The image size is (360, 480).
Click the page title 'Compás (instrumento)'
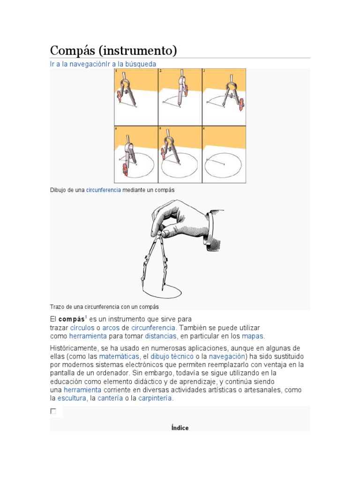pos(113,51)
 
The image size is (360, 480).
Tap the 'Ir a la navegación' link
pos(78,64)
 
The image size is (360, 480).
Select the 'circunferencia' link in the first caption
pos(104,190)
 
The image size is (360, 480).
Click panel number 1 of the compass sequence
pos(136,97)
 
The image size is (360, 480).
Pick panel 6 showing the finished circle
pos(224,154)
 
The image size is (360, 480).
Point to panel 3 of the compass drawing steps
pos(224,97)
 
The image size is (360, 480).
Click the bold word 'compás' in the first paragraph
pos(71,319)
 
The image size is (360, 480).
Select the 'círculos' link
pos(82,328)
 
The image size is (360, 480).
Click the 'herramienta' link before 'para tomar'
pos(88,336)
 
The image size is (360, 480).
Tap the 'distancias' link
pos(161,336)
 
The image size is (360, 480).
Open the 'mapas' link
pos(253,336)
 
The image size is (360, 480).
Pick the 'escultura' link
pos(72,398)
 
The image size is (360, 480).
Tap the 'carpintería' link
pos(156,398)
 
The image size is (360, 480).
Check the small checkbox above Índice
pos(53,411)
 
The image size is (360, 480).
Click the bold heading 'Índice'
pos(180,427)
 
